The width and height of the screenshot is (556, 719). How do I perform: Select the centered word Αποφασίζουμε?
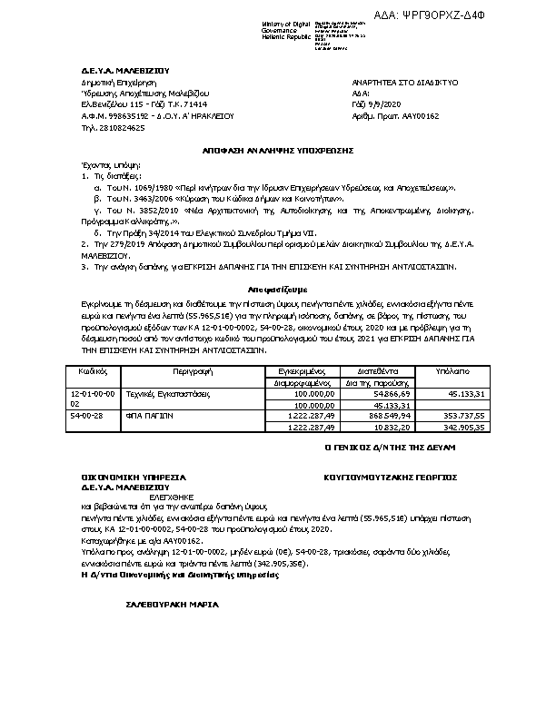point(277,282)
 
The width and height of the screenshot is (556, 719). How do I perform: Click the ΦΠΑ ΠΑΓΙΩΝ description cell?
point(153,415)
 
